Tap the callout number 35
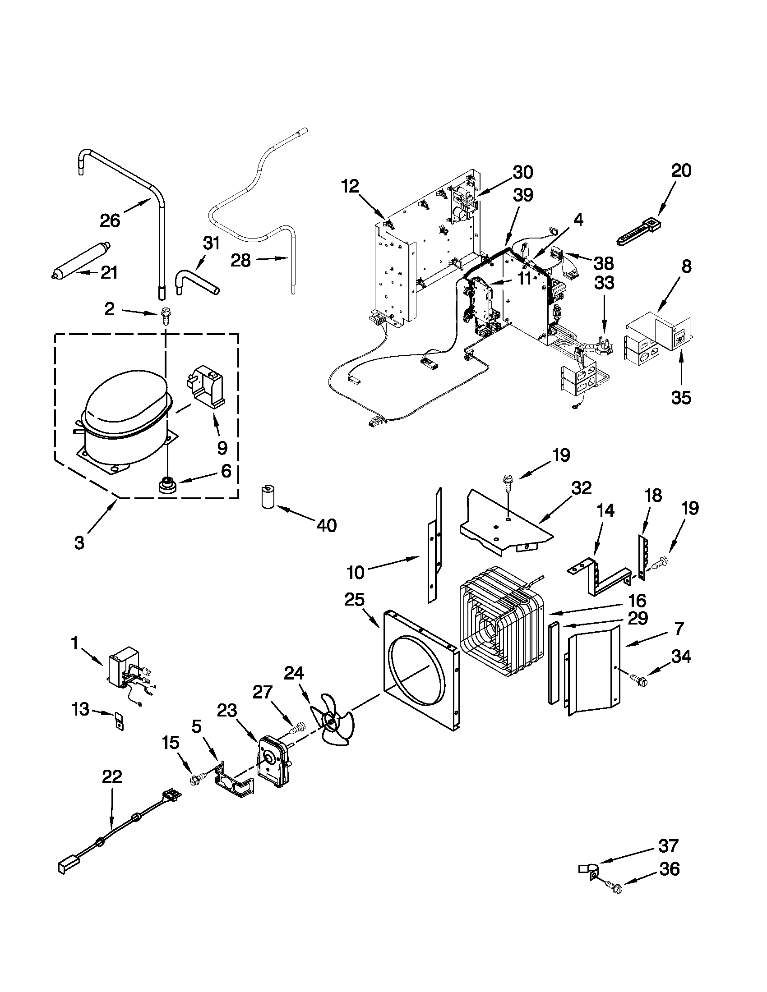click(x=681, y=397)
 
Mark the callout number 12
click(x=350, y=186)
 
